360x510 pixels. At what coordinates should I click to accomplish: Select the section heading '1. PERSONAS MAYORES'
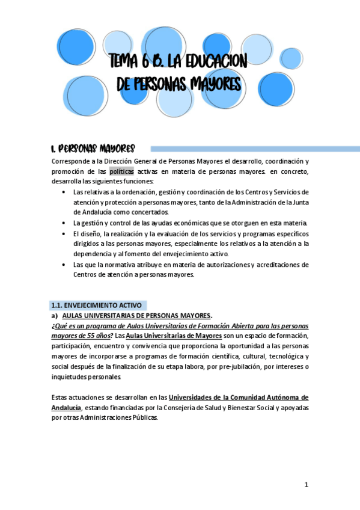pyautogui.click(x=93, y=149)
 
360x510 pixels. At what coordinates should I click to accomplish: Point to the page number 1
pyautogui.click(x=306, y=485)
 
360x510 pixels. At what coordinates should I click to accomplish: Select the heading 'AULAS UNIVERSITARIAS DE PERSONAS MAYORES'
pyautogui.click(x=136, y=315)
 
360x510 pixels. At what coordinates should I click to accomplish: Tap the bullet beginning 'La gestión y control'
pyautogui.click(x=64, y=223)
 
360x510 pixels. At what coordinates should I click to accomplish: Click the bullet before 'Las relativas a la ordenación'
pyautogui.click(x=64, y=192)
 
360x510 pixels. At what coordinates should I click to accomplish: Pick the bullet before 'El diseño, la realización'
pyautogui.click(x=64, y=233)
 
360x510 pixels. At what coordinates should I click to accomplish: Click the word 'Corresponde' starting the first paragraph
pyautogui.click(x=72, y=161)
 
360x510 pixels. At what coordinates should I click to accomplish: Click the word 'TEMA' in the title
pyautogui.click(x=124, y=61)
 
